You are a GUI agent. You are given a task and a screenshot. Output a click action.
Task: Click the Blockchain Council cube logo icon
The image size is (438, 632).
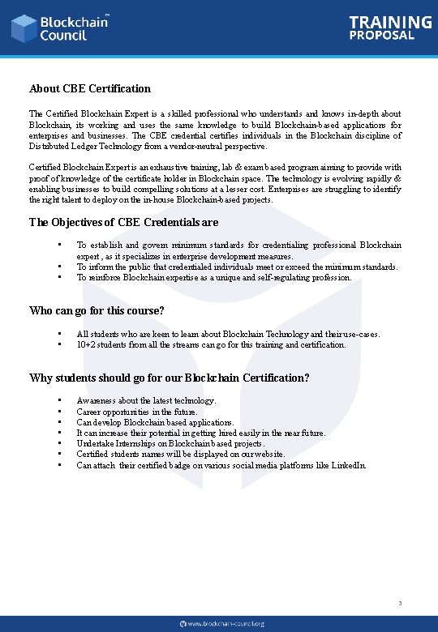click(x=24, y=28)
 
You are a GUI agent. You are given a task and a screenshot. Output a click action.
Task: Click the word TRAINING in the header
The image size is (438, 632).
click(x=390, y=23)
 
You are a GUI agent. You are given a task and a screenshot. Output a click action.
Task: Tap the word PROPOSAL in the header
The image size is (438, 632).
click(x=382, y=36)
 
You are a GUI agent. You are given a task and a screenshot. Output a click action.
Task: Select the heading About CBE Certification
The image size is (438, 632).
click(x=90, y=88)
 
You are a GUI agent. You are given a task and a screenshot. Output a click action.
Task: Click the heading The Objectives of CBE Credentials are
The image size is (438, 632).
click(x=123, y=222)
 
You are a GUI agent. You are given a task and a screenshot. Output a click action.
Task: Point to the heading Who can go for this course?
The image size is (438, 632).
click(x=97, y=310)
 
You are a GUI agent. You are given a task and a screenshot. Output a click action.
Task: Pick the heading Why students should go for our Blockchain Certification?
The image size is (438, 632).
click(x=169, y=378)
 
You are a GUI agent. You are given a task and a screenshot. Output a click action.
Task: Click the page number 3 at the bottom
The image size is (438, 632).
click(x=400, y=603)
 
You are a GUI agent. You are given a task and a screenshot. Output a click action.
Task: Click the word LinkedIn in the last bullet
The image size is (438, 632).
click(x=349, y=465)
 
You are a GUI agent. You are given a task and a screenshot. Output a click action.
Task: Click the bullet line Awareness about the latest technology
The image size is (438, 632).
click(x=146, y=400)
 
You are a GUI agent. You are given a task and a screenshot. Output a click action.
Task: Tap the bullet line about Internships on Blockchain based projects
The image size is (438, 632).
click(x=170, y=444)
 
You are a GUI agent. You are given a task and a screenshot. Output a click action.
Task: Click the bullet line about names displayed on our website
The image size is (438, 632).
click(x=181, y=455)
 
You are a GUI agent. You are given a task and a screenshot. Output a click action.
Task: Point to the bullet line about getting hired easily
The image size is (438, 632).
click(x=200, y=433)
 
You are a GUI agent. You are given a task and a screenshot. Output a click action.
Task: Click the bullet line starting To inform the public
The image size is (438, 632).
click(x=237, y=267)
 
